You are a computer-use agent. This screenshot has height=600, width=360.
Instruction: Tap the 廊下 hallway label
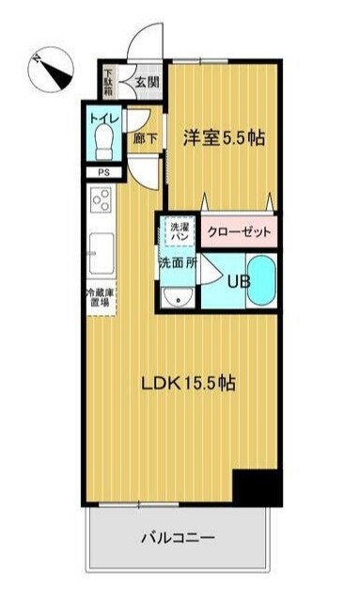pyautogui.click(x=144, y=137)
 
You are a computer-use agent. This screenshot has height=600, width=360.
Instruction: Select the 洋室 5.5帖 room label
pyautogui.click(x=224, y=137)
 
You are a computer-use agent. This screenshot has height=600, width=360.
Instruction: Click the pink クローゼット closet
pyautogui.click(x=239, y=231)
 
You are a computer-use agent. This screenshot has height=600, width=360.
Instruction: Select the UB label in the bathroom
pyautogui.click(x=235, y=280)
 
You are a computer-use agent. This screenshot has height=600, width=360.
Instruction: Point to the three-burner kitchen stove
pyautogui.click(x=102, y=201)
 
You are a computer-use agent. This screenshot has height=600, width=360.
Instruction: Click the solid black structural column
pyautogui.click(x=257, y=486)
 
